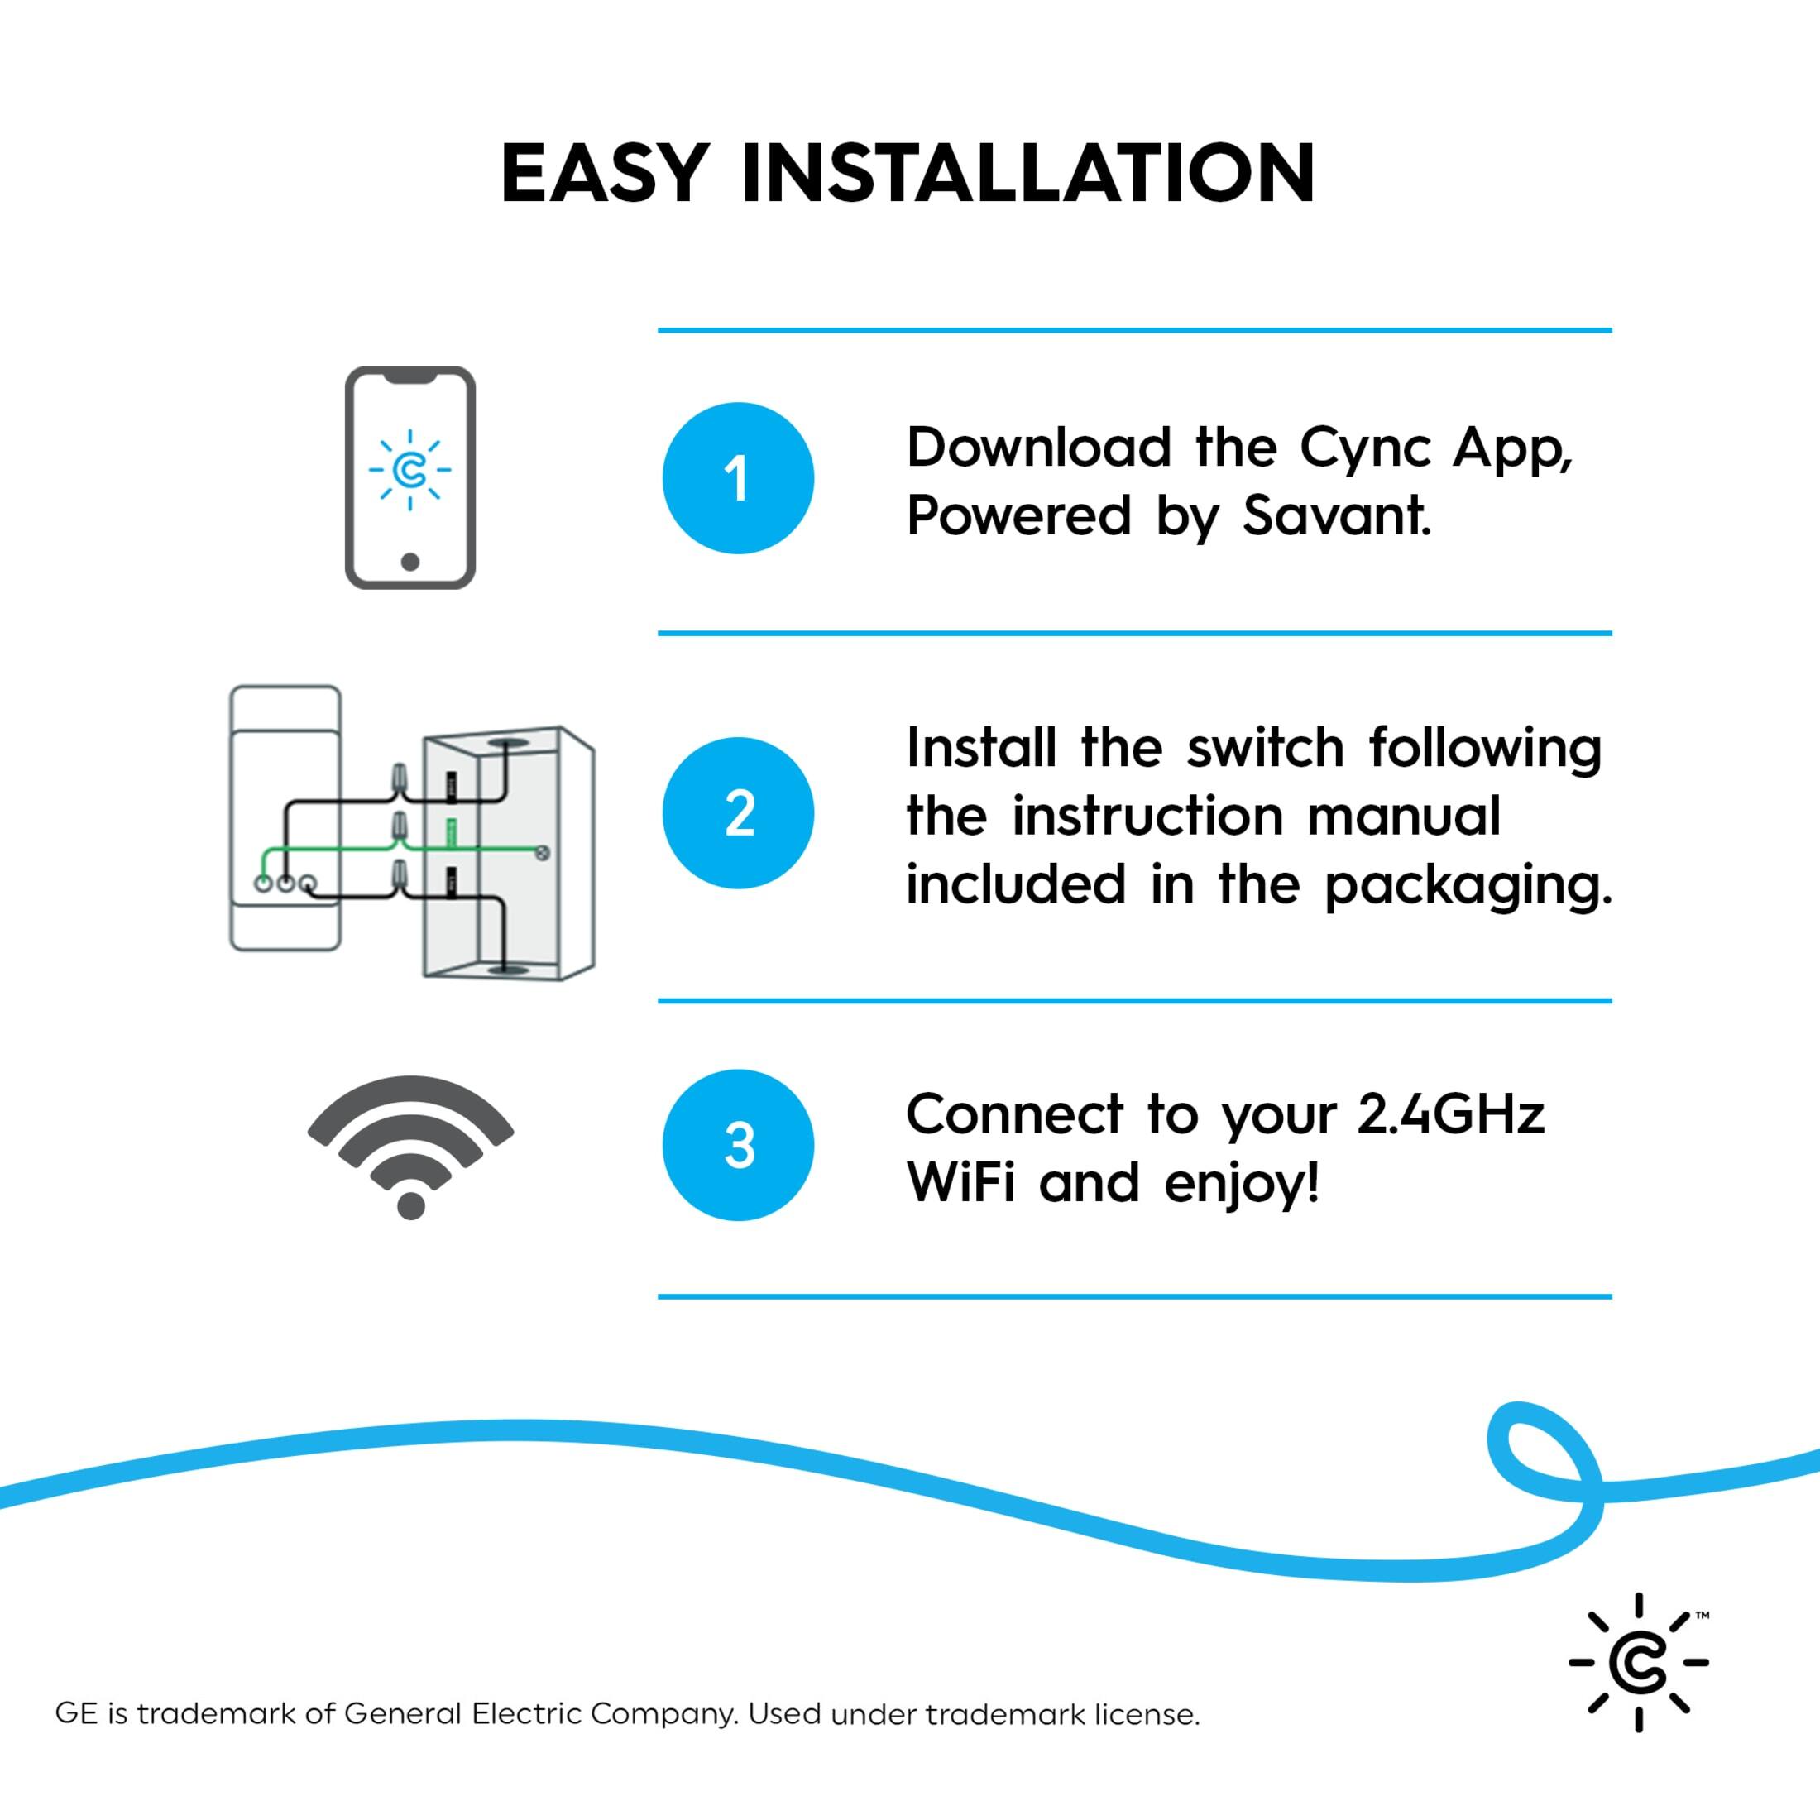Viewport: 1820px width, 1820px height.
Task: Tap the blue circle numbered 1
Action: [x=738, y=477]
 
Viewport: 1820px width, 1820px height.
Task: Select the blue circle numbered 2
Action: [x=738, y=812]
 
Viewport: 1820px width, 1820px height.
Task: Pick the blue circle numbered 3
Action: [x=738, y=1145]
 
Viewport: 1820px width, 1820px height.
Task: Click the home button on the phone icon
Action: [x=409, y=562]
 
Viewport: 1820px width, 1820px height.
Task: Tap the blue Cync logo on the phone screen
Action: [x=409, y=469]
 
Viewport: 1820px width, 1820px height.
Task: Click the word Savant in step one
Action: [x=1336, y=515]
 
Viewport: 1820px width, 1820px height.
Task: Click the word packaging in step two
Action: [x=1468, y=885]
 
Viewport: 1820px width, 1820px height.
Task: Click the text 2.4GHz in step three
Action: [x=1451, y=1114]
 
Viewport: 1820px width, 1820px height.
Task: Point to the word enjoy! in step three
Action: [x=1241, y=1183]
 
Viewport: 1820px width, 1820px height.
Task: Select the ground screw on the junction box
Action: [x=542, y=853]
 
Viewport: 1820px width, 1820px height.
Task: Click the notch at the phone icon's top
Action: [x=409, y=376]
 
